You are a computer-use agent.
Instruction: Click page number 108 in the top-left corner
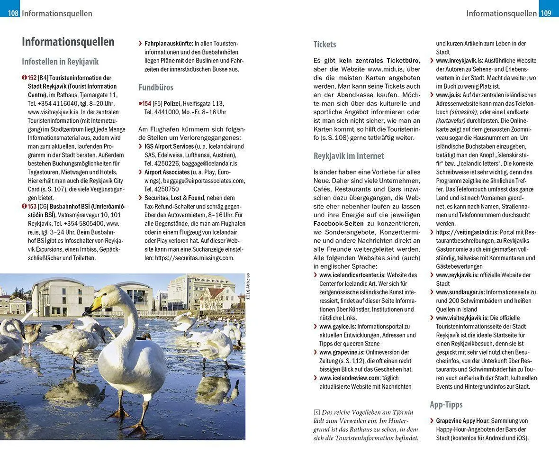coord(13,13)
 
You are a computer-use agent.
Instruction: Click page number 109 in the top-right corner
coord(546,13)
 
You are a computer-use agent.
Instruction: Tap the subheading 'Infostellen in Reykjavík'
coord(60,62)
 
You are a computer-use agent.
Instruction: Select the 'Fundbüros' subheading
coord(156,87)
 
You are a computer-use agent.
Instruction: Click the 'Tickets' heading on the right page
coord(325,45)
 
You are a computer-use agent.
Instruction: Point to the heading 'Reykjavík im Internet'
coord(349,156)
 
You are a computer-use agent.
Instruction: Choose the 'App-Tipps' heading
coord(446,405)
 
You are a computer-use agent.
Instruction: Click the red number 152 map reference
coord(32,78)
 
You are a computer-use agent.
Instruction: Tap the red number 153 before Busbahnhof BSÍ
coord(32,206)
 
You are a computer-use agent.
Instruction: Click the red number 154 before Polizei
coord(146,104)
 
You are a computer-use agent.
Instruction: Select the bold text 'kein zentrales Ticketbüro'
coord(379,61)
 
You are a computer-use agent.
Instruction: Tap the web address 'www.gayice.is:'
coord(337,327)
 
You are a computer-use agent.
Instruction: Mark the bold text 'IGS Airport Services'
coord(169,146)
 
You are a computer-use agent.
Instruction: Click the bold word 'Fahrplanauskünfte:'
coord(169,44)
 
